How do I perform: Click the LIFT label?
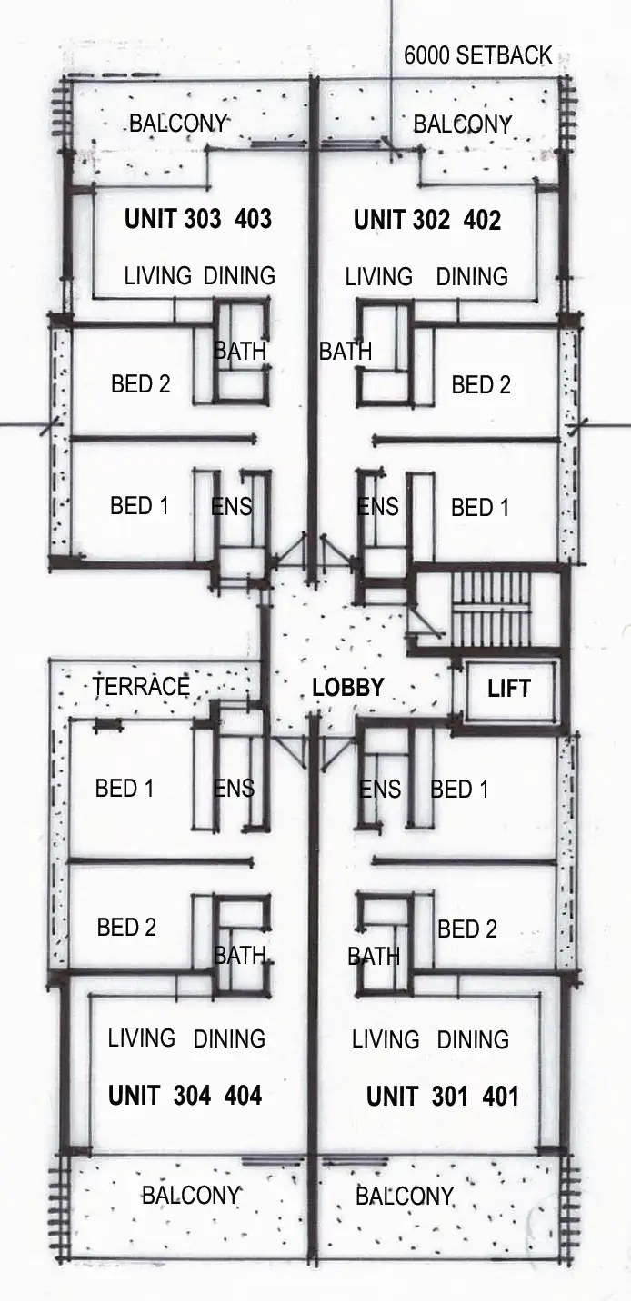[x=508, y=689]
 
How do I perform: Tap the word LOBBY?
[x=347, y=688]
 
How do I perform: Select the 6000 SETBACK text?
[x=477, y=55]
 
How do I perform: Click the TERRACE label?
[x=141, y=687]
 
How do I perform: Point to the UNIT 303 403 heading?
[x=197, y=219]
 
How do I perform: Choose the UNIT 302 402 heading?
[x=426, y=220]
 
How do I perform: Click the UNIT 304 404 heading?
[x=185, y=1096]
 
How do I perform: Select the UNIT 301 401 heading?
[x=442, y=1097]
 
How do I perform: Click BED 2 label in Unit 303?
[x=140, y=384]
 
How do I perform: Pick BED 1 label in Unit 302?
[x=480, y=508]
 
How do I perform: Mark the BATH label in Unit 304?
[x=240, y=956]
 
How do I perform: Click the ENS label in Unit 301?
[x=380, y=790]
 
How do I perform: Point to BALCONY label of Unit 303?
[x=178, y=124]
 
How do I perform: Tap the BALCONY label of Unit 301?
[x=404, y=1197]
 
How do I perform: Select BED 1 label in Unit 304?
[x=125, y=789]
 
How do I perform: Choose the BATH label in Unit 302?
[x=346, y=352]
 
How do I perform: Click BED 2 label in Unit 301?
[x=467, y=929]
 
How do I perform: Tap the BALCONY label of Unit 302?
[x=462, y=124]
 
